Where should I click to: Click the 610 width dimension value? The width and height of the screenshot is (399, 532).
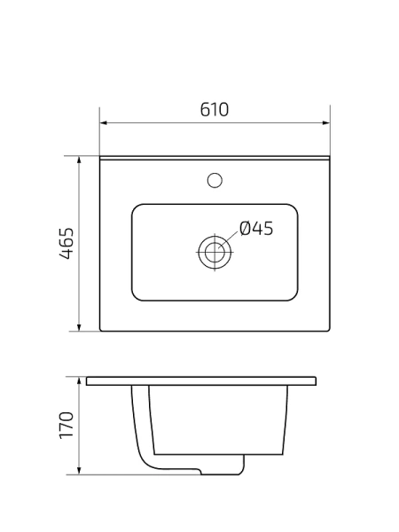pyautogui.click(x=215, y=109)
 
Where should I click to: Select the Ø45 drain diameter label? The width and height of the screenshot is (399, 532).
pyautogui.click(x=256, y=229)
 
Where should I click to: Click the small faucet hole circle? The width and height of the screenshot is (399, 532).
pyautogui.click(x=214, y=180)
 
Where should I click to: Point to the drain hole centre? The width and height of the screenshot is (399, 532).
pyautogui.click(x=214, y=252)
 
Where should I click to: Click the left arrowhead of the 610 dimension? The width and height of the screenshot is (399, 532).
pyautogui.click(x=103, y=122)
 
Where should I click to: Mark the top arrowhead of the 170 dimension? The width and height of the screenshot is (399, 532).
pyautogui.click(x=80, y=379)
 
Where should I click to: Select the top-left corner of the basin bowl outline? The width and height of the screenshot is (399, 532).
pyautogui.click(x=135, y=208)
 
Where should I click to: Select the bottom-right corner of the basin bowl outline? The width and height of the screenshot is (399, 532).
pyautogui.click(x=293, y=297)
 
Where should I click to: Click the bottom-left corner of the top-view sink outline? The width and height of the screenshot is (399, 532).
pyautogui.click(x=101, y=331)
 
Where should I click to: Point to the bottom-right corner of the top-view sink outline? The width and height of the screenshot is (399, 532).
pyautogui.click(x=329, y=331)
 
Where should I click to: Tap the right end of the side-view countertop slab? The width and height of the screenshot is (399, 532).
pyautogui.click(x=317, y=381)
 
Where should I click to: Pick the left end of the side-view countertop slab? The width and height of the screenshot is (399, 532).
pyautogui.click(x=87, y=381)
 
